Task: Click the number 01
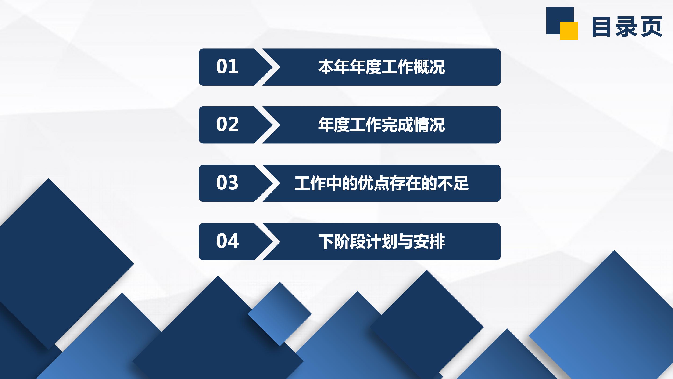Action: click(227, 66)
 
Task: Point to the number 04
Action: click(227, 241)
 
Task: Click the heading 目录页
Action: click(627, 27)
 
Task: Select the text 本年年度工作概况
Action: click(381, 67)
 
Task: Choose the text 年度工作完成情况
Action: click(381, 125)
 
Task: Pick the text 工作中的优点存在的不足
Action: click(381, 183)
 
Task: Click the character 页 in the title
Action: click(651, 27)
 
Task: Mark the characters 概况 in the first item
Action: click(429, 67)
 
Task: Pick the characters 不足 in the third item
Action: click(453, 183)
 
